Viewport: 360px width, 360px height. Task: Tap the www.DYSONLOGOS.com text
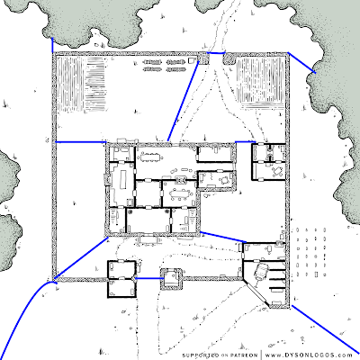pyautogui.click(x=309, y=355)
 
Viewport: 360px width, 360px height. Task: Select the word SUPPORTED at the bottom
pyautogui.click(x=200, y=355)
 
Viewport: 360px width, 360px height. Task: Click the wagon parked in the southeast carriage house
pyautogui.click(x=261, y=272)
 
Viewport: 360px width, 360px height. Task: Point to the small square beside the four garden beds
pyautogui.click(x=191, y=60)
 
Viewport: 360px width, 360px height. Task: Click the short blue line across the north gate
pyautogui.click(x=217, y=53)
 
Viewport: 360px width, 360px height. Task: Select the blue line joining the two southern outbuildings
pyautogui.click(x=149, y=278)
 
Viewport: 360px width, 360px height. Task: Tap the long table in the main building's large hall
pyautogui.click(x=150, y=157)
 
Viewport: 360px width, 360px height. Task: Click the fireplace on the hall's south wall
pyautogui.click(x=180, y=179)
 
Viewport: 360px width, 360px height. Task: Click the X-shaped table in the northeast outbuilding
pyautogui.click(x=277, y=171)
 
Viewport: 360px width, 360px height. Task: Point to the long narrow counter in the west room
pyautogui.click(x=122, y=179)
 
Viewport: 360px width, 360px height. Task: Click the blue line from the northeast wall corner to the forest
pyautogui.click(x=301, y=63)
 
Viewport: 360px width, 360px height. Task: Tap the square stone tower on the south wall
pyautogui.click(x=171, y=279)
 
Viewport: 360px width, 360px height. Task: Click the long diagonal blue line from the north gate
pyautogui.click(x=183, y=101)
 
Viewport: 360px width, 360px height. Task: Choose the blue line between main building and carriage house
pyautogui.click(x=223, y=237)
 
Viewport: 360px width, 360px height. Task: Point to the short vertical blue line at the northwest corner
pyautogui.click(x=53, y=45)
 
